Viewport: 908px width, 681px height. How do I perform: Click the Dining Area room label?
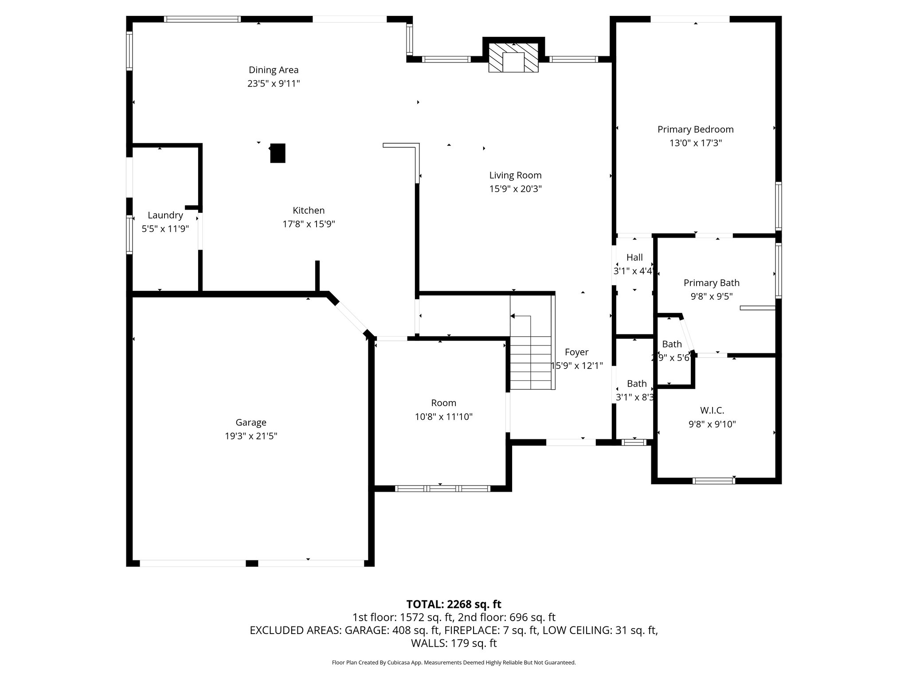tap(274, 70)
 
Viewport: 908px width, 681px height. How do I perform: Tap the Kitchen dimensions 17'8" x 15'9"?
tap(309, 224)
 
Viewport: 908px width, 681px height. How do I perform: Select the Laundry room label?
tap(165, 215)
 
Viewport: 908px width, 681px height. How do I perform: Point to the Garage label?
tap(251, 423)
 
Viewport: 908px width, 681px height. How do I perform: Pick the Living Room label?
tap(515, 175)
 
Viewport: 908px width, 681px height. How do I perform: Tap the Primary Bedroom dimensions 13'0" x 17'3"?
tap(696, 143)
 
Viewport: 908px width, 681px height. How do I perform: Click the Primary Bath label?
tap(711, 283)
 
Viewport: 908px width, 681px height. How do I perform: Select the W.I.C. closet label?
tap(712, 411)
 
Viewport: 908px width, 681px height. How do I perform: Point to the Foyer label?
tap(576, 352)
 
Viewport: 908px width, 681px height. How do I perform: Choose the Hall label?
tap(634, 257)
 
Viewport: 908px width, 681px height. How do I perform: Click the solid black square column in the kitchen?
tap(278, 153)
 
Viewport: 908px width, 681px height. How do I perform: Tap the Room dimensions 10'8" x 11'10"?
tap(443, 417)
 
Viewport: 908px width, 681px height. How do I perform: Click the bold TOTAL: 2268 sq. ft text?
tap(454, 604)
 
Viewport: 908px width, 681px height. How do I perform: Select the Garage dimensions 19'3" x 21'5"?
tap(251, 436)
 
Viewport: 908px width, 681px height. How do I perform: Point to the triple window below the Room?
tap(442, 489)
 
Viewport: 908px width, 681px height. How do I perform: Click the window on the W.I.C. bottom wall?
tap(714, 481)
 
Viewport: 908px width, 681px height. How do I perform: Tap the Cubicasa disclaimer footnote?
tap(454, 663)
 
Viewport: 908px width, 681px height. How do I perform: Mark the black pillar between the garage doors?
tap(252, 564)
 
